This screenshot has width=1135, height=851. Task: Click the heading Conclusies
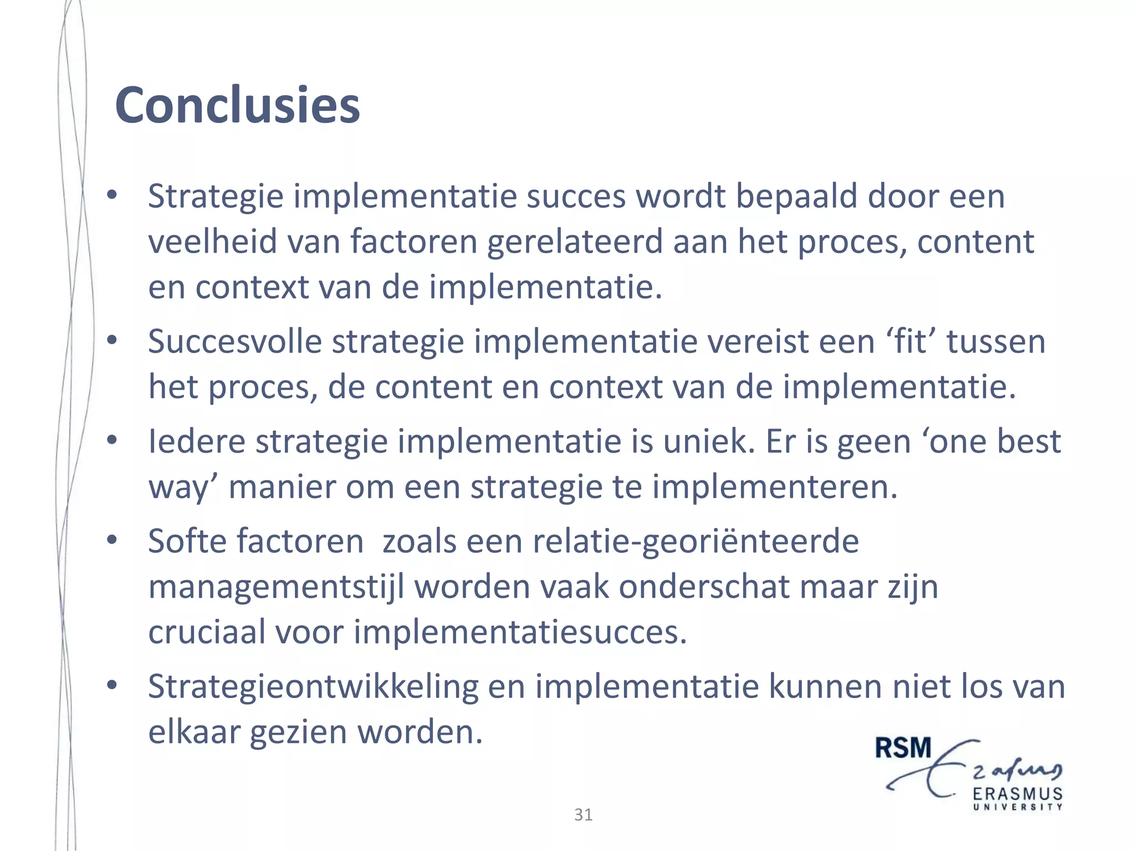tap(237, 105)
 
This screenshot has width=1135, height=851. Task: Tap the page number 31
tap(583, 814)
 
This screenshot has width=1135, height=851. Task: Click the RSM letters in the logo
tap(903, 748)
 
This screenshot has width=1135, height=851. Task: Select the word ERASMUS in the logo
tap(1018, 794)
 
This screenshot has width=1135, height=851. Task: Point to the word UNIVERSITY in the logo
tap(1018, 807)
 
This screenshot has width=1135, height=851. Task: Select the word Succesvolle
tap(234, 341)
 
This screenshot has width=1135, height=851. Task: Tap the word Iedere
tap(197, 442)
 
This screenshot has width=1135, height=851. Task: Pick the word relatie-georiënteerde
tap(696, 541)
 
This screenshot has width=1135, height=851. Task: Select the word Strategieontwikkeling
tap(313, 687)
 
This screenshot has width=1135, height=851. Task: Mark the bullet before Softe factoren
tap(112, 540)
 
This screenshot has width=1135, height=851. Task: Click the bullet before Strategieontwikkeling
tap(112, 686)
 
